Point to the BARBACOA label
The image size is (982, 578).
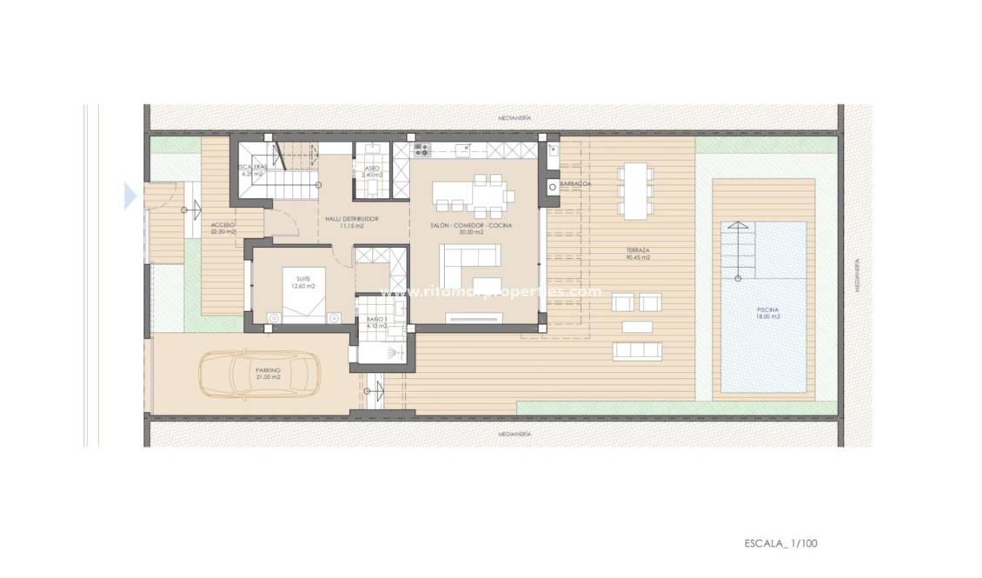[576, 184]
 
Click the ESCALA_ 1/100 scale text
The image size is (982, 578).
[780, 543]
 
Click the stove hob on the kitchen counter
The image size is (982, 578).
[421, 149]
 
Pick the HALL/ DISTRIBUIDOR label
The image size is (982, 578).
[351, 221]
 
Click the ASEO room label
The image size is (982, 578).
[372, 169]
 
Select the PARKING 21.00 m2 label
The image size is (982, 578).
[268, 374]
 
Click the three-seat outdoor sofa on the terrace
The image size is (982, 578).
[636, 349]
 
